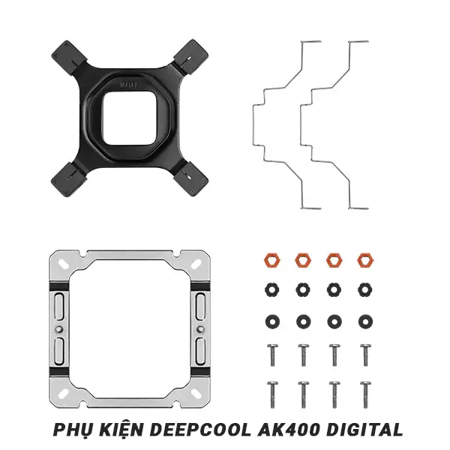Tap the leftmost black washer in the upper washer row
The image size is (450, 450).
click(x=270, y=289)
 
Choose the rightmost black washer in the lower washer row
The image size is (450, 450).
click(x=364, y=320)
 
